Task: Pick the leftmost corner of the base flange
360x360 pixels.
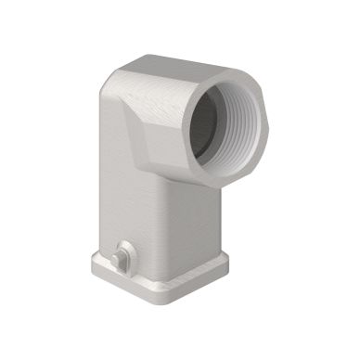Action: tap(94, 263)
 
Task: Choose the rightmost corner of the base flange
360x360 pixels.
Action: tap(228, 264)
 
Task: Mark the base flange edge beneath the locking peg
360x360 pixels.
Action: tap(130, 278)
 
